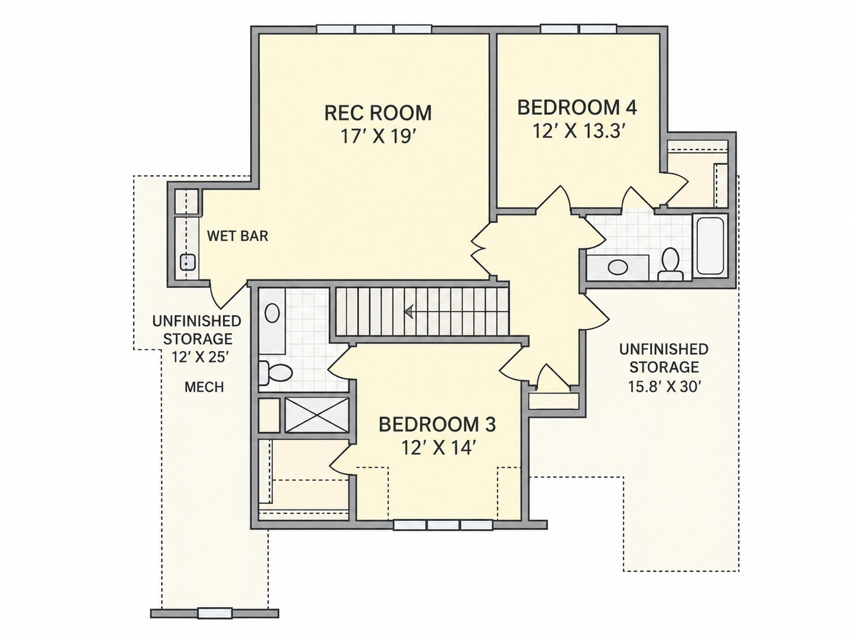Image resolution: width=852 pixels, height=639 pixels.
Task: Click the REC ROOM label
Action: point(378,113)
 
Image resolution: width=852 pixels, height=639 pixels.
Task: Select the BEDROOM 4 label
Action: point(577,108)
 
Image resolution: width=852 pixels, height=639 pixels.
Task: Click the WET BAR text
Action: point(238,236)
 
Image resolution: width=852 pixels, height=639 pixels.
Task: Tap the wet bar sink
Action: point(188,262)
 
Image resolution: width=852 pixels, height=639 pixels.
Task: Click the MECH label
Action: point(204,387)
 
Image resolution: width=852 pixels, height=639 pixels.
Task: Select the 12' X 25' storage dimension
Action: point(198,357)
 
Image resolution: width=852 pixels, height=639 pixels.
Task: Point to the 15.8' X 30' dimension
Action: point(664,387)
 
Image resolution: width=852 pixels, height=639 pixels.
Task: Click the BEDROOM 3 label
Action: point(437,424)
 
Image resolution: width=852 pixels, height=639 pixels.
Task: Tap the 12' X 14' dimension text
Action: point(438,448)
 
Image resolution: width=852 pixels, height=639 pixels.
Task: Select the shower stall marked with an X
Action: point(317,415)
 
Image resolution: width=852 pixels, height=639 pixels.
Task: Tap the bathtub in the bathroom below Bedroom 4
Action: point(710,247)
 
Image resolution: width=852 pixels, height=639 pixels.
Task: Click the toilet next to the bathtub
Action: point(670,264)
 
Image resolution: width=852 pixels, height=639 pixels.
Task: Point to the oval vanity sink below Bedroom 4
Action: point(618,267)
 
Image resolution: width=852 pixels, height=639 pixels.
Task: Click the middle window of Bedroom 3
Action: point(443,525)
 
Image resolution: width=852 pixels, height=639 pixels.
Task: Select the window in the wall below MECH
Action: point(215,613)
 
